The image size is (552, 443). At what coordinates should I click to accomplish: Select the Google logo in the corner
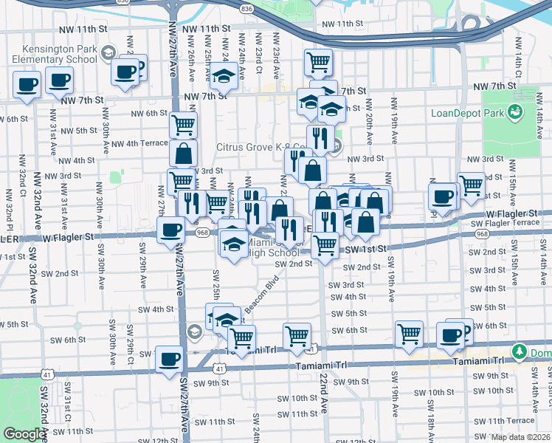tap(24, 434)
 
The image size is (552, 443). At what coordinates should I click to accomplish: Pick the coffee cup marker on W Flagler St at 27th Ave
tap(170, 229)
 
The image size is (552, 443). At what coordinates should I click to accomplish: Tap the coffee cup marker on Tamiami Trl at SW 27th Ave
tap(169, 359)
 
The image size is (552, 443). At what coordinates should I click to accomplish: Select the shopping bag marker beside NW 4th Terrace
tap(183, 154)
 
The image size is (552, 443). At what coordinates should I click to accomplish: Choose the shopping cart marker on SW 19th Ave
tap(409, 334)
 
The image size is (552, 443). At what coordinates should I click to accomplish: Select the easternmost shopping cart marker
tap(470, 185)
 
